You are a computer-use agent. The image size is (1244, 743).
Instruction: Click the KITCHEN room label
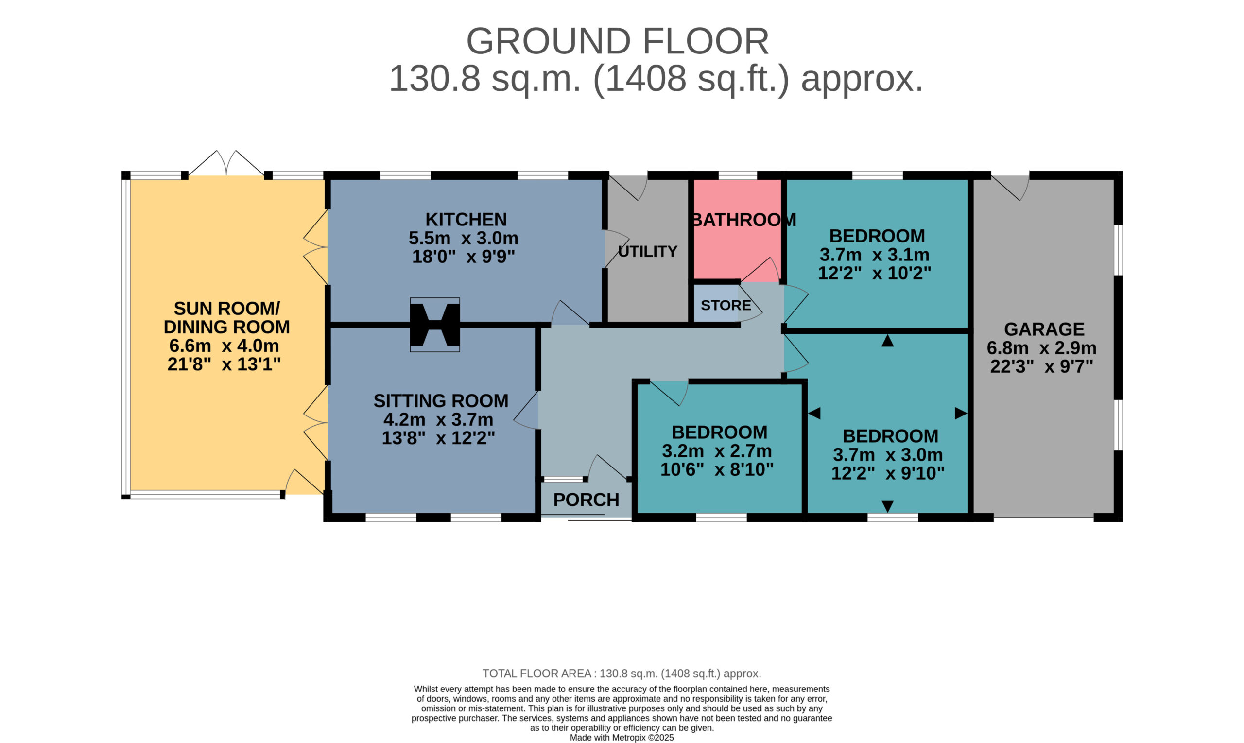click(x=466, y=220)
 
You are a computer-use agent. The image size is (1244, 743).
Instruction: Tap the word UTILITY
click(x=647, y=251)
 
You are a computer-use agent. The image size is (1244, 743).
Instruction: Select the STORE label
click(x=726, y=305)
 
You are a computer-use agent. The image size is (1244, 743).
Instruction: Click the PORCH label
click(x=586, y=500)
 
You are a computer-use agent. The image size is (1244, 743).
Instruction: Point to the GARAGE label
click(x=1044, y=329)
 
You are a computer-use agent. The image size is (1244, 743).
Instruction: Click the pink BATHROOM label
click(x=744, y=220)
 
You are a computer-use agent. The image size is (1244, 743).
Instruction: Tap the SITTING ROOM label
click(x=441, y=401)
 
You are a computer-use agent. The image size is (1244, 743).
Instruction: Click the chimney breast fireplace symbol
click(x=434, y=325)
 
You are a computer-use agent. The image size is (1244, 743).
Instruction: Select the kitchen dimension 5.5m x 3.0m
click(x=463, y=238)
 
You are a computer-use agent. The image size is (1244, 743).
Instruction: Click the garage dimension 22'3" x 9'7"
click(x=1041, y=366)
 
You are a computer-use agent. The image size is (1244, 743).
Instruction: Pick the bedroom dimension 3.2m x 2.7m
click(x=717, y=451)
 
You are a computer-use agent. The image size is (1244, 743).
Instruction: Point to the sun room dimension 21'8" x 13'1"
click(x=225, y=364)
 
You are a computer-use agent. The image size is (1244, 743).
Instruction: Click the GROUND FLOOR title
click(x=617, y=41)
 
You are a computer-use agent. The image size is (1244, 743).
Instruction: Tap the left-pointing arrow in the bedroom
click(x=814, y=413)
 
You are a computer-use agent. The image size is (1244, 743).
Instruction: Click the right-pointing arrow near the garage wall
click(x=961, y=413)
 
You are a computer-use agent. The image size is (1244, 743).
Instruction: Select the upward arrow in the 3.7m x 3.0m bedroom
click(x=888, y=341)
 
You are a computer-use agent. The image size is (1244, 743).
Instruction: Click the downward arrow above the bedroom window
click(x=888, y=506)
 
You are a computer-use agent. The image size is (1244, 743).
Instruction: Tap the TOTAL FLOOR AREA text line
click(x=622, y=674)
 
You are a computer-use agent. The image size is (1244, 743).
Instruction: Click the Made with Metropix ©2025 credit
click(x=622, y=738)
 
